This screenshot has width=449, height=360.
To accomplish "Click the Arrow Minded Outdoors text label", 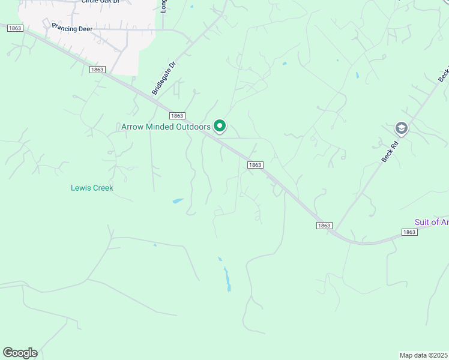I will pyautogui.click(x=166, y=127).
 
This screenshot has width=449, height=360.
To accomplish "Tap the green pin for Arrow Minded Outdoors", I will pyautogui.click(x=220, y=126).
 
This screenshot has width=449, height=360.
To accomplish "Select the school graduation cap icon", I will pyautogui.click(x=401, y=128).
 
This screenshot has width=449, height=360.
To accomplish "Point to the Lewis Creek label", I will pyautogui.click(x=92, y=188).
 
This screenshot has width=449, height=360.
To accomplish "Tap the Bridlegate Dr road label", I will pyautogui.click(x=163, y=79).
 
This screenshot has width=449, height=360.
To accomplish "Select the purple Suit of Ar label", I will pyautogui.click(x=431, y=222).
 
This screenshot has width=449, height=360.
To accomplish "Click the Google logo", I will pyautogui.click(x=20, y=353).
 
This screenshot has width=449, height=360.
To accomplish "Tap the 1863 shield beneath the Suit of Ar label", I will pyautogui.click(x=409, y=232).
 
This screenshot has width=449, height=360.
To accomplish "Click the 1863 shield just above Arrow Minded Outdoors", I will pyautogui.click(x=176, y=116).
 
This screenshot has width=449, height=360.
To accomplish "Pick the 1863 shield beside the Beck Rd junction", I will pyautogui.click(x=324, y=225).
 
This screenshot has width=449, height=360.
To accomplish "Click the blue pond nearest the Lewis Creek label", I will pyautogui.click(x=178, y=201).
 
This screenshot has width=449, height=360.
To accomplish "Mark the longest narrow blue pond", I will pyautogui.click(x=228, y=279).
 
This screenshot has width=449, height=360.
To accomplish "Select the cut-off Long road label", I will pyautogui.click(x=163, y=5).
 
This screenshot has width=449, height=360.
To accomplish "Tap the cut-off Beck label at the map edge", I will pyautogui.click(x=444, y=74).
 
